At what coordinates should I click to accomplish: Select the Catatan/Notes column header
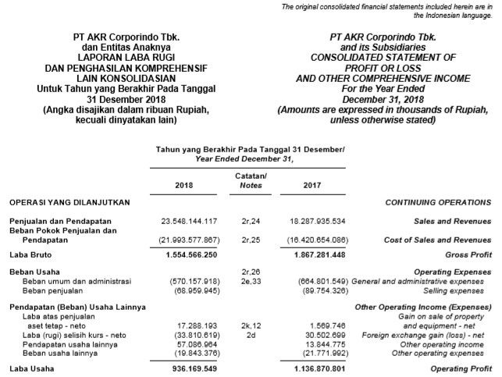(x=250, y=180)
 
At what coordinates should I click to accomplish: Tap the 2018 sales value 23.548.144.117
(x=185, y=222)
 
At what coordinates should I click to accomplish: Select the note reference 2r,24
(x=250, y=222)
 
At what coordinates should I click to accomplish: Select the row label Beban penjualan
(x=54, y=290)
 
